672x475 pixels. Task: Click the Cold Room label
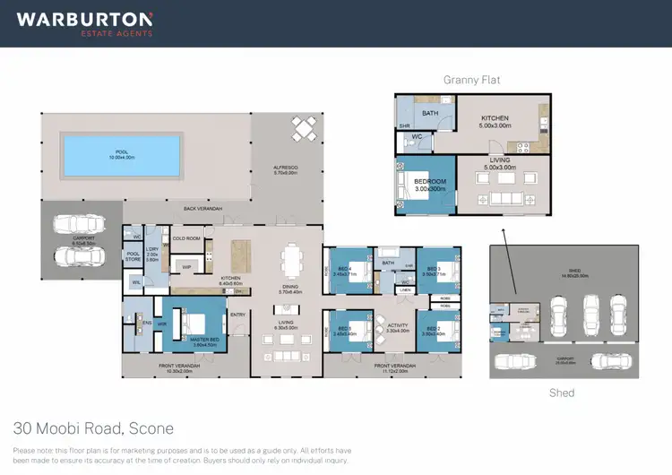tap(185, 238)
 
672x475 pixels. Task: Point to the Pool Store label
tap(133, 256)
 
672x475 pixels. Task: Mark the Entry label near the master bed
tap(238, 315)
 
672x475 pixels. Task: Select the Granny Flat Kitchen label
tap(495, 118)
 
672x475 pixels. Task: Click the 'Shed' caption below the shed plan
tap(561, 393)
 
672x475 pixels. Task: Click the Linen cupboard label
tap(405, 291)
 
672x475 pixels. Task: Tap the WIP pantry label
tap(187, 267)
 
